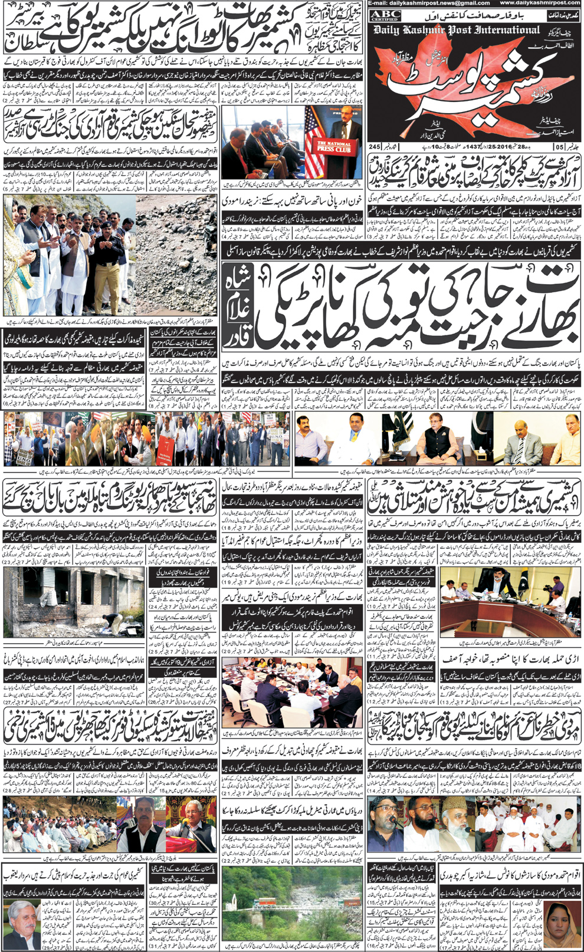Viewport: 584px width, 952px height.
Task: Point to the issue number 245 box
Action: coord(374,146)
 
